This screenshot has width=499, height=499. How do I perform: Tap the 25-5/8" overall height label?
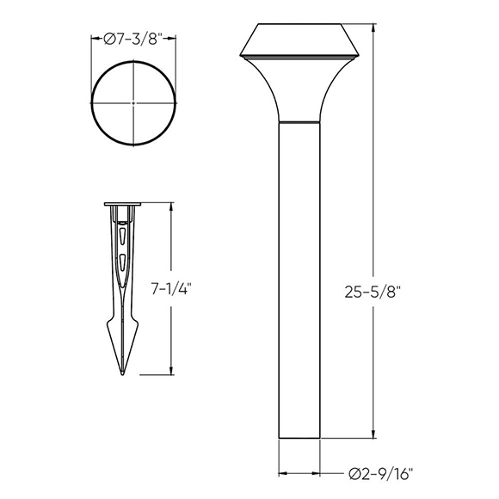pyautogui.click(x=373, y=292)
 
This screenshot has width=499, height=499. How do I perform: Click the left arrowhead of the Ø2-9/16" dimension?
pyautogui.click(x=281, y=472)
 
